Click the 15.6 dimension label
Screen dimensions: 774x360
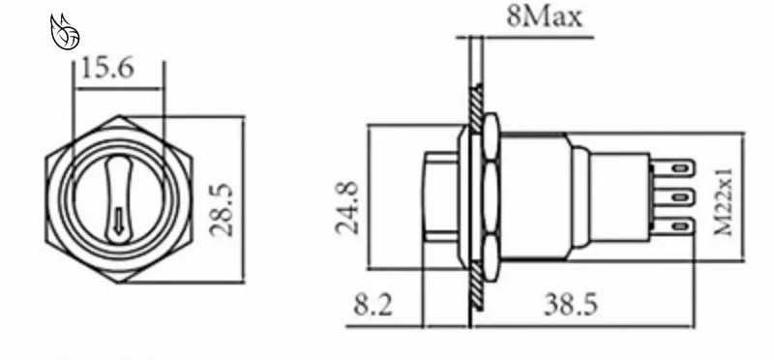107,68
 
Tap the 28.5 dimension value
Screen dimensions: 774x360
221,210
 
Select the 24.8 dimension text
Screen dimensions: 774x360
347,207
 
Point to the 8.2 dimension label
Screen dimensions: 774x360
373,305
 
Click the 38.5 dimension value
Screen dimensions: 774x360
571,304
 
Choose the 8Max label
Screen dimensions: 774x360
545,16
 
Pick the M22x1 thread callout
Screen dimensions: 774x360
724,202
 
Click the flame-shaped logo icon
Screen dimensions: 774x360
65,32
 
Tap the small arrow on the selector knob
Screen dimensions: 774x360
118,222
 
